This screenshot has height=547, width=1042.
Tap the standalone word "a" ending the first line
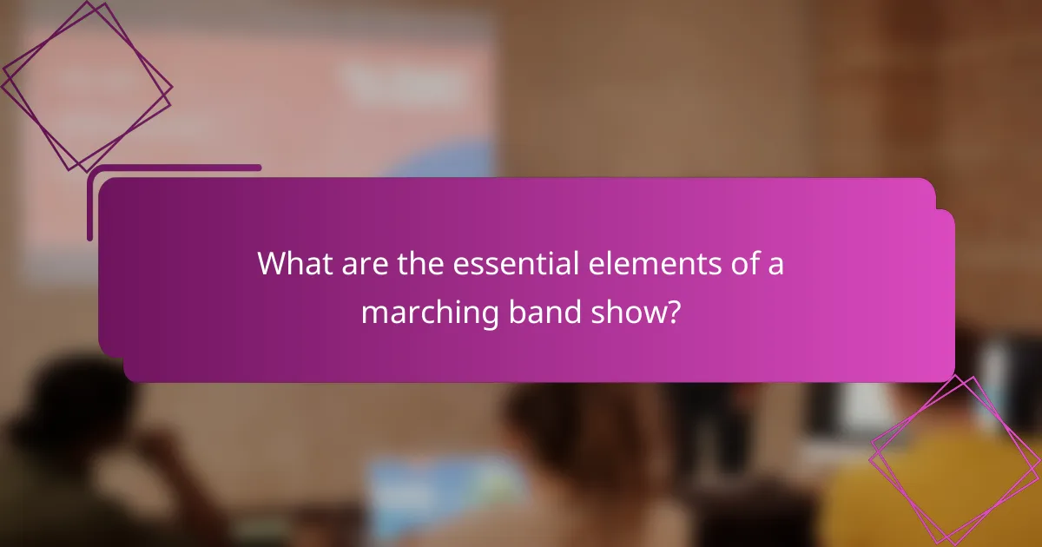(775, 265)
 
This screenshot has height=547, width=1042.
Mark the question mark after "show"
(671, 312)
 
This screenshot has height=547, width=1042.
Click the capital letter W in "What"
(270, 264)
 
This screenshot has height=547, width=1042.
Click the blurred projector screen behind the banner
(260, 96)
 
